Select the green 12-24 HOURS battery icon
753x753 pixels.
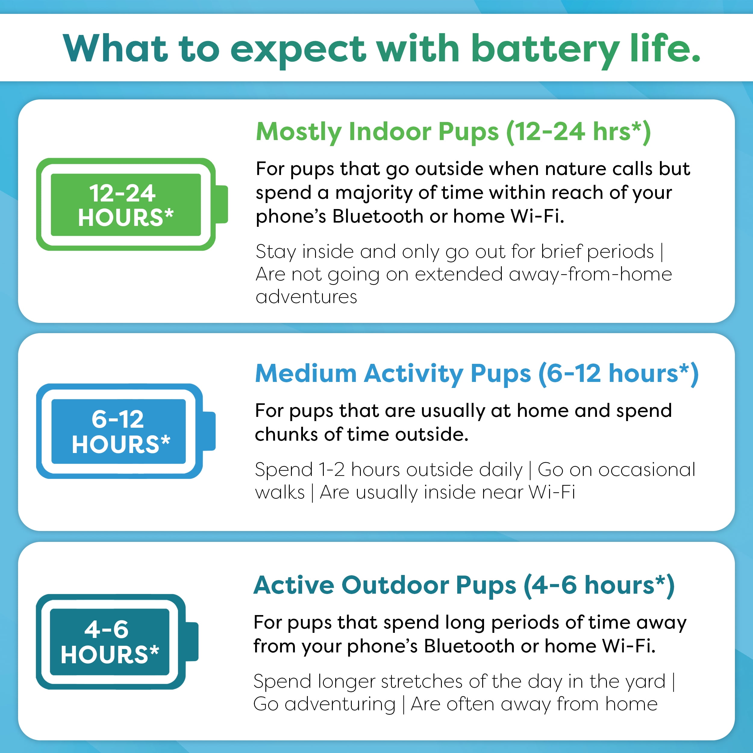pyautogui.click(x=126, y=204)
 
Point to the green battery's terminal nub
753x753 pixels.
pyautogui.click(x=222, y=204)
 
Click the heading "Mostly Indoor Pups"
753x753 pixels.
pyautogui.click(x=377, y=132)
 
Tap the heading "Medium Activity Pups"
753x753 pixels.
pyautogui.click(x=392, y=373)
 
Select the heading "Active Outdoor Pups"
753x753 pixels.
pyautogui.click(x=385, y=586)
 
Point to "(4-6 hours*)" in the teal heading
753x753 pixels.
pyautogui.click(x=599, y=586)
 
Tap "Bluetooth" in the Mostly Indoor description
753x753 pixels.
pyautogui.click(x=377, y=216)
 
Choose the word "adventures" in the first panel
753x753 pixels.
pyautogui.click(x=306, y=297)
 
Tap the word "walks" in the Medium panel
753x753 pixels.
pyautogui.click(x=280, y=492)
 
